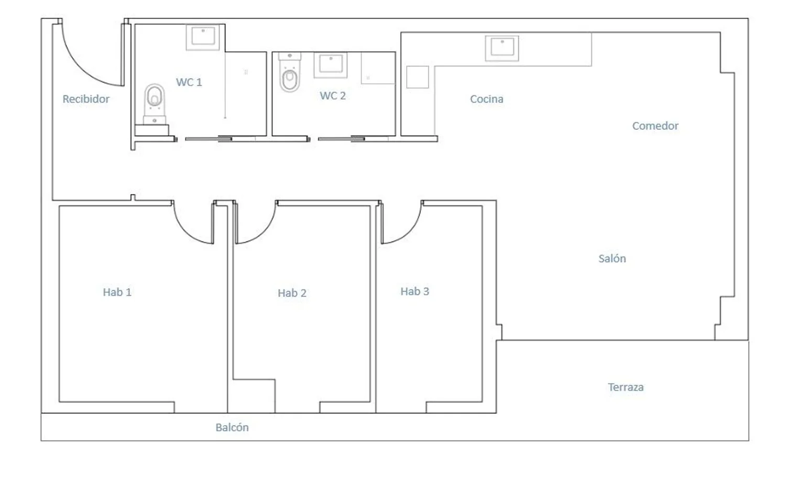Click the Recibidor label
tap(86, 99)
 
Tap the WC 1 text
tap(189, 82)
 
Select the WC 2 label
tap(333, 95)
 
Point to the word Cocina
tap(487, 99)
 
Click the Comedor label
tap(655, 126)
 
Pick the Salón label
tap(612, 259)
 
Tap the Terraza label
tap(626, 387)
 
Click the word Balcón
tap(232, 427)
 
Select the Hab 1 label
tap(117, 292)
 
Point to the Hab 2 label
tap(292, 293)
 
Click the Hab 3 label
tap(415, 291)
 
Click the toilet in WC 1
tap(155, 104)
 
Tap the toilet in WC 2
tap(289, 72)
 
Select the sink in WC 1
tap(203, 37)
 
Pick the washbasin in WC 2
tap(331, 65)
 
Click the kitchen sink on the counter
tap(502, 48)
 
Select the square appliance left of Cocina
tap(418, 77)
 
